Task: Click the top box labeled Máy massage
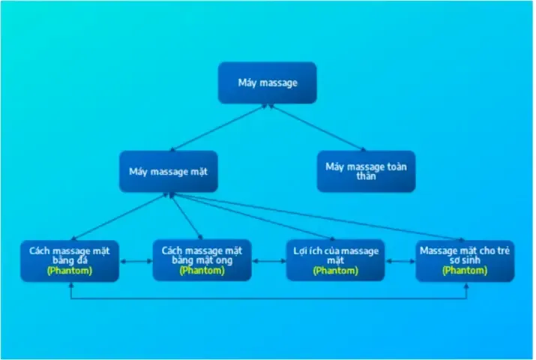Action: [x=268, y=82]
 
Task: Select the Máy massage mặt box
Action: [x=168, y=172]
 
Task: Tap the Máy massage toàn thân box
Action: [x=366, y=172]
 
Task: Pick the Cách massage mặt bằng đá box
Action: [x=70, y=260]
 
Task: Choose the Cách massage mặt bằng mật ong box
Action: [x=202, y=260]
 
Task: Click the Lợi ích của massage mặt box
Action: [x=335, y=260]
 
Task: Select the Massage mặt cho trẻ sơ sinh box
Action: [x=465, y=260]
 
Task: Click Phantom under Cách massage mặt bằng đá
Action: [x=70, y=271]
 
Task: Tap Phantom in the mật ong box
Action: [x=202, y=271]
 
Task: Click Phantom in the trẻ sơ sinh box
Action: [x=465, y=271]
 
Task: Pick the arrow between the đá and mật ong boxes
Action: [x=136, y=261]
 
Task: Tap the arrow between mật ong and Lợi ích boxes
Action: [x=268, y=261]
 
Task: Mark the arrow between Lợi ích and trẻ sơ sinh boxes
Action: [x=400, y=261]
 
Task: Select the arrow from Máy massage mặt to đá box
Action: [x=118, y=217]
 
